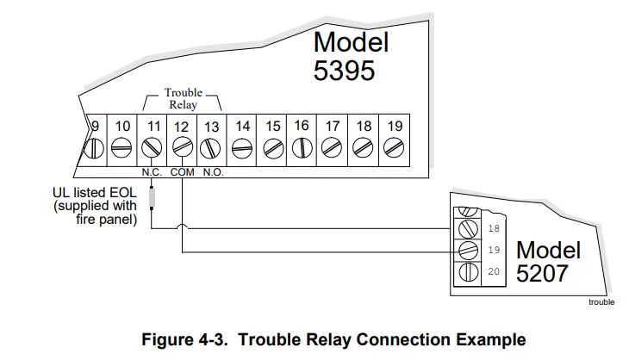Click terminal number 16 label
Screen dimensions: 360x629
click(302, 126)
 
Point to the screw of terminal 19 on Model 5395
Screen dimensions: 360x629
click(394, 149)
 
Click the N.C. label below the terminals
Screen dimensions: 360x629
click(152, 171)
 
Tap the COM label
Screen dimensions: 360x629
click(183, 171)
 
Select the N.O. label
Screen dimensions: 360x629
click(213, 171)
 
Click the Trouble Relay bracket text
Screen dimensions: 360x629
click(182, 98)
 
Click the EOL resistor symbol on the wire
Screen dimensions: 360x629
click(153, 199)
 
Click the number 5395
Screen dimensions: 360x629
click(345, 71)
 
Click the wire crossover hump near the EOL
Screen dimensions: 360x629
click(182, 228)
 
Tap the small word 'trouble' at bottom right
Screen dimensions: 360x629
click(601, 302)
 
